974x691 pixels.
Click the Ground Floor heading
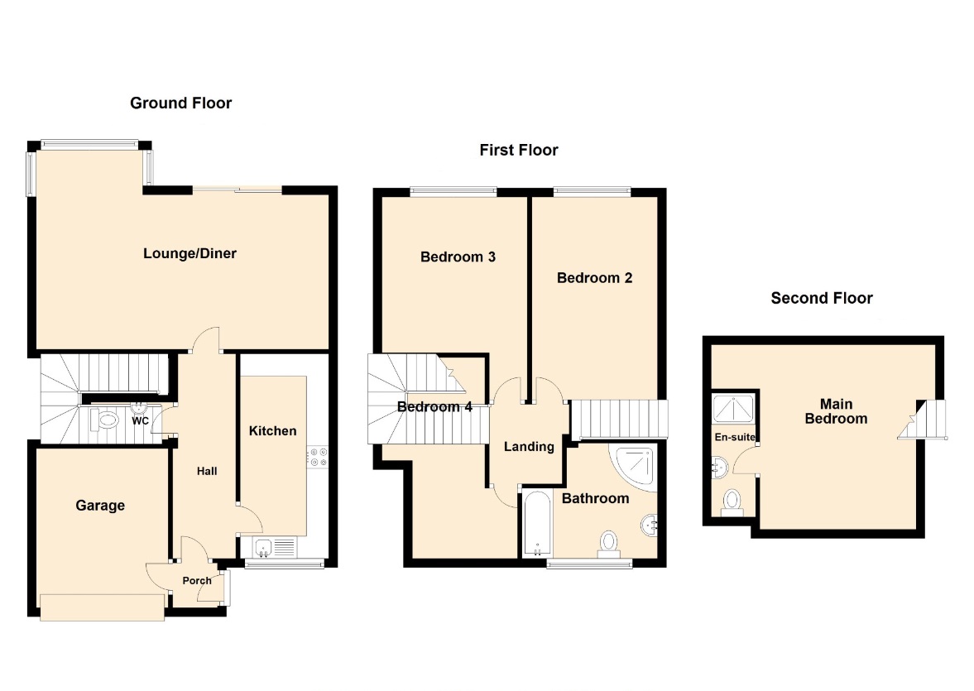180,103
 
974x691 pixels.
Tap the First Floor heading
519,151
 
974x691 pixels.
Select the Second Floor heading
822,298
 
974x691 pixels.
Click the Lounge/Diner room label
190,253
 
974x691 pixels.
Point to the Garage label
100,506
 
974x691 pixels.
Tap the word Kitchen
273,431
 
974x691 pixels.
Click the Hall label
207,472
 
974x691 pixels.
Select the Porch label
197,581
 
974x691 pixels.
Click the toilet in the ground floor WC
104,420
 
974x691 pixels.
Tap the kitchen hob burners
318,458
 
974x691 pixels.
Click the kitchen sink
264,548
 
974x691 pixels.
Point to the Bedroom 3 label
458,257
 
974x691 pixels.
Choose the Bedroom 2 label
594,278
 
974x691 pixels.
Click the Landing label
529,447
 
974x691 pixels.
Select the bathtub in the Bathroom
537,525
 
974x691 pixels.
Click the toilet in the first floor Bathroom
608,544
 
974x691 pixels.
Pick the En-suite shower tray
733,409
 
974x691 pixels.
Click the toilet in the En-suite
732,502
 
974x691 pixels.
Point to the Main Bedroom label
836,412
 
